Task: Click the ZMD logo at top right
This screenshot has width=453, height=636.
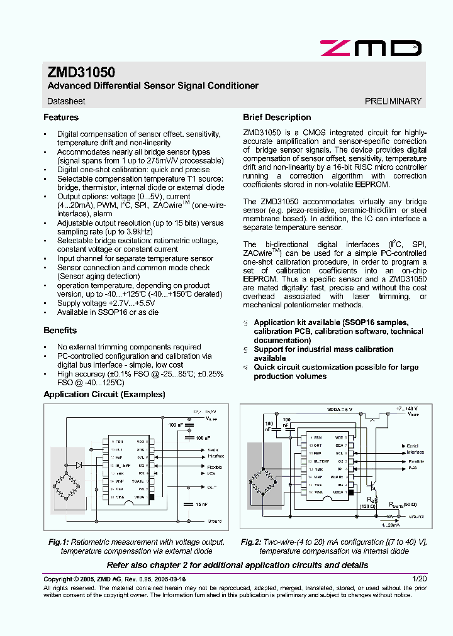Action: (370, 48)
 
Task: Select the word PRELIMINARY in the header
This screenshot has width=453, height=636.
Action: (393, 101)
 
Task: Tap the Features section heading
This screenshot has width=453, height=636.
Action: (61, 118)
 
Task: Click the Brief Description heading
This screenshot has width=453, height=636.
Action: (277, 118)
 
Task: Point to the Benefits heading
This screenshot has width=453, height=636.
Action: (60, 331)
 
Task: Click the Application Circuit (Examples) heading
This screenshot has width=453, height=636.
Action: (104, 395)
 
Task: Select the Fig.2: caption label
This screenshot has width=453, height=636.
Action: (254, 542)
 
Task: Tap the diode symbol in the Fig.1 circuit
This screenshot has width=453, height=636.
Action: (79, 465)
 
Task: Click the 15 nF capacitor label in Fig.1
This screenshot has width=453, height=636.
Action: (201, 504)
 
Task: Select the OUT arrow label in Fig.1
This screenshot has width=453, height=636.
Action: (211, 487)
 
